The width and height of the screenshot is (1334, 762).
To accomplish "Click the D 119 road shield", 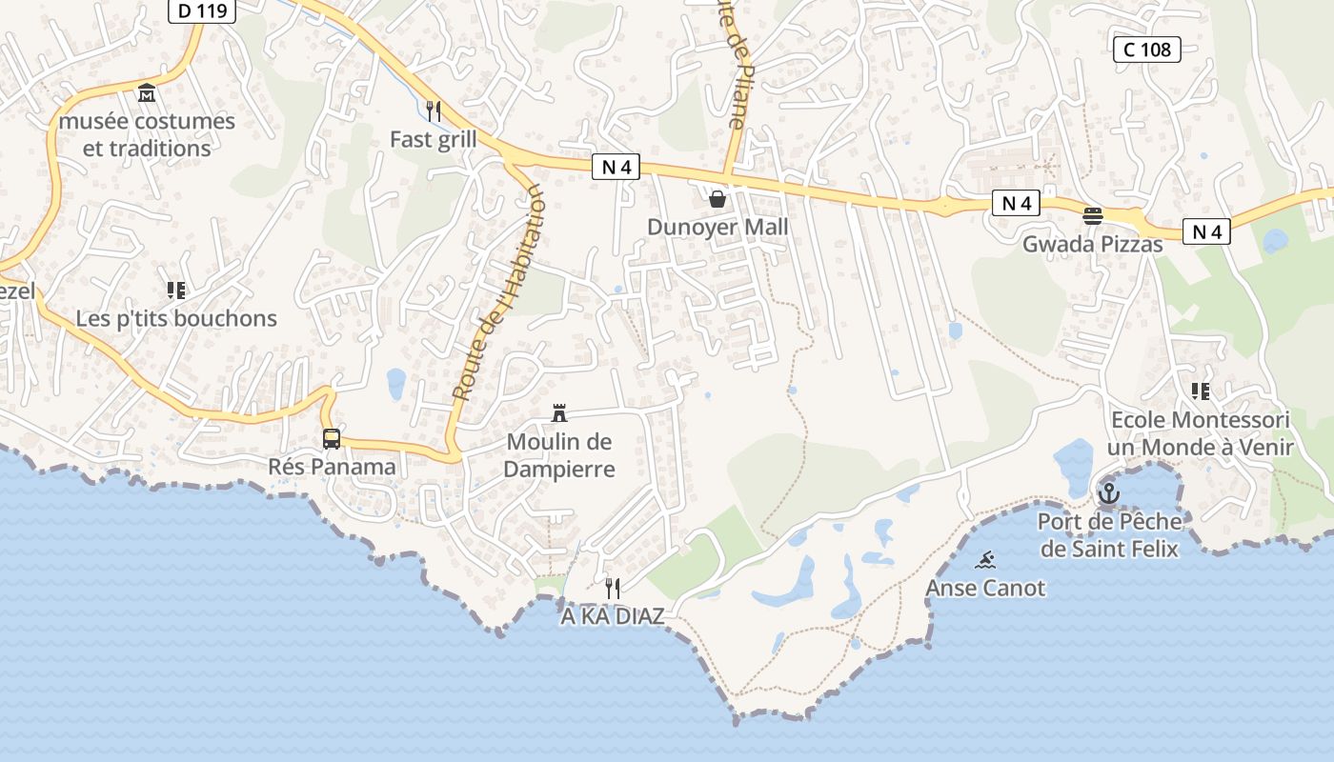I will click(203, 11).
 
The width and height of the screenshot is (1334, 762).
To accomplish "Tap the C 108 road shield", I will click(1147, 50).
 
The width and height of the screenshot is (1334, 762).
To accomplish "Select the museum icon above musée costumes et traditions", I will click(147, 93).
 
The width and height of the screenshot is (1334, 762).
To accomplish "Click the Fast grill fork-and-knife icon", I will click(434, 111).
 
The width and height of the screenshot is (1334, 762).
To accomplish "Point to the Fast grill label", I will click(434, 140).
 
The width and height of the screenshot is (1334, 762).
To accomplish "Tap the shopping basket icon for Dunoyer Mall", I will click(718, 198).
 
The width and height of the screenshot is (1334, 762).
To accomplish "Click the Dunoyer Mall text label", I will click(718, 227).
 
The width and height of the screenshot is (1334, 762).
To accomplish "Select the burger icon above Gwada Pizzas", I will click(1093, 215).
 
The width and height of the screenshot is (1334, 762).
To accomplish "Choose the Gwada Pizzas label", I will click(1093, 245).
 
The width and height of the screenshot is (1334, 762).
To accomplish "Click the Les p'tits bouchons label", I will click(176, 318).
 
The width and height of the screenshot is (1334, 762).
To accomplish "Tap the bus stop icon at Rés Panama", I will click(332, 438).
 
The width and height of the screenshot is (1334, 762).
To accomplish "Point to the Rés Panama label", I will click(332, 467).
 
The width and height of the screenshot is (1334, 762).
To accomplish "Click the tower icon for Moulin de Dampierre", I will click(559, 413).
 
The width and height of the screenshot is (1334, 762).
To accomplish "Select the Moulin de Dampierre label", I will click(559, 455).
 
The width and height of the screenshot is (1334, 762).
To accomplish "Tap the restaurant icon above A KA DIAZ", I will click(613, 588).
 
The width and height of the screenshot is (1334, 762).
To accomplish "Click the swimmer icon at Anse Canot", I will click(986, 560).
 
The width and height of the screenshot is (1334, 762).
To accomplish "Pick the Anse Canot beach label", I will click(985, 588).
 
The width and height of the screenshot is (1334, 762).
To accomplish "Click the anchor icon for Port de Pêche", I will click(1108, 493).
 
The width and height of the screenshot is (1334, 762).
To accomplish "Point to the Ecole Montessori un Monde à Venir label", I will click(1201, 433).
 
